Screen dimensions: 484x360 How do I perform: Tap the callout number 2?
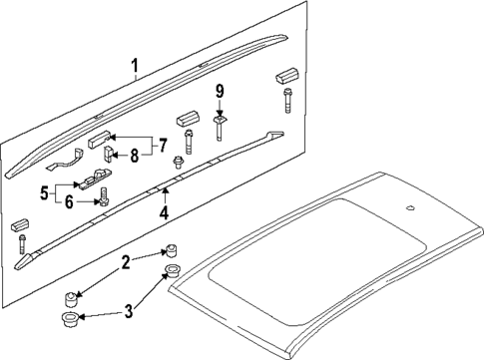tap(126, 262)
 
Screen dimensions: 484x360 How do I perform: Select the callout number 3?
tap(129, 311)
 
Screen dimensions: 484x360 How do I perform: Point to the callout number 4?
tap(164, 212)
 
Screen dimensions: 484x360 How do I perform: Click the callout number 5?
tap(44, 193)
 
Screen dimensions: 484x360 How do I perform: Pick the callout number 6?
tap(69, 202)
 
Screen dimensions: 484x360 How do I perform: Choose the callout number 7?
tap(162, 146)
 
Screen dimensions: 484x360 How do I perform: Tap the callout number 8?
tap(134, 156)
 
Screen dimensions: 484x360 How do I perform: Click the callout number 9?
tap(220, 92)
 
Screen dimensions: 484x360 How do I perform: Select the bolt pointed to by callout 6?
tap(103, 196)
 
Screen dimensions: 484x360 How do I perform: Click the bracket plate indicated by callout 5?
tap(93, 180)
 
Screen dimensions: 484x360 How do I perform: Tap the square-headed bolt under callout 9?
tap(220, 128)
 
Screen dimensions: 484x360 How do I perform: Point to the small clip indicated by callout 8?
tap(109, 154)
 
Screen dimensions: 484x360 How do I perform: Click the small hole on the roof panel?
tap(411, 208)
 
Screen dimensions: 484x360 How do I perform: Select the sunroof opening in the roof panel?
tap(317, 261)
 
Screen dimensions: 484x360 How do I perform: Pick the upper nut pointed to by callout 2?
tap(171, 251)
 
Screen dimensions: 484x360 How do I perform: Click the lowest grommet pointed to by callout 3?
tap(69, 320)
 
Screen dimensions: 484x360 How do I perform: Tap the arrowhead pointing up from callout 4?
tap(164, 190)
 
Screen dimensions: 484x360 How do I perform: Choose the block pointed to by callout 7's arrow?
tap(99, 139)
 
